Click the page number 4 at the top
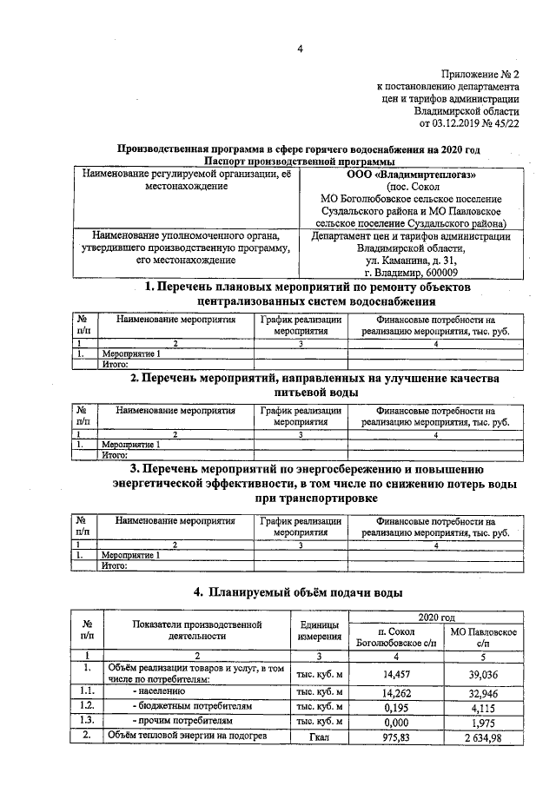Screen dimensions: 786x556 (x=300, y=49)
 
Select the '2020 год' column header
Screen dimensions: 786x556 (x=438, y=615)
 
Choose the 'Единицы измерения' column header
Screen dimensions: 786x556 (x=319, y=631)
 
